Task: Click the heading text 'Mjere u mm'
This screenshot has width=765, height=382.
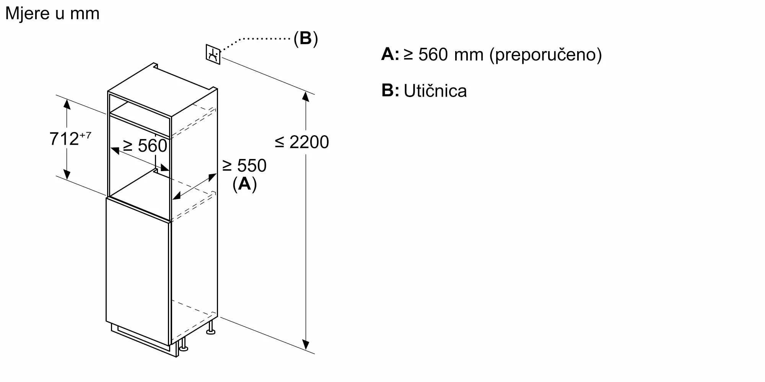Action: pos(52,14)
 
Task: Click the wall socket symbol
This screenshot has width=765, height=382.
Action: pos(213,55)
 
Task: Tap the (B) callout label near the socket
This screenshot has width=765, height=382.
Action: pos(306,39)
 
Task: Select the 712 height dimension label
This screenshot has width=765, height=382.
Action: pos(64,139)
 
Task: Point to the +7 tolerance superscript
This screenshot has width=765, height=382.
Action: pos(86,135)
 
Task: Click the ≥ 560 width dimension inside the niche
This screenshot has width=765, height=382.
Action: pos(145,146)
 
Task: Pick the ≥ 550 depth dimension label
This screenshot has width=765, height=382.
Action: pos(244,165)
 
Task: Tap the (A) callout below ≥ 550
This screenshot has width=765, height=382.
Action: pos(244,184)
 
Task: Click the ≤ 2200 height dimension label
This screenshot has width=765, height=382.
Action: pos(302,142)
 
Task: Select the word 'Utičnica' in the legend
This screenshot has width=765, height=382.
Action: pos(435,91)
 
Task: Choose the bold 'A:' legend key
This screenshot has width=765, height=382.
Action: pos(390,54)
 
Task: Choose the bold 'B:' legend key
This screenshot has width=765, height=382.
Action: pos(390,91)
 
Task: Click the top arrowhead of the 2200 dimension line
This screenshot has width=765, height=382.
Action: pos(305,96)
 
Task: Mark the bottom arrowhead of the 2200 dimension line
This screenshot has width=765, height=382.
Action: pos(306,345)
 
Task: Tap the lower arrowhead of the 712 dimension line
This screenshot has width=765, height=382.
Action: pos(67,174)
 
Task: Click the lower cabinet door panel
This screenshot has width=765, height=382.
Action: pos(138,271)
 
